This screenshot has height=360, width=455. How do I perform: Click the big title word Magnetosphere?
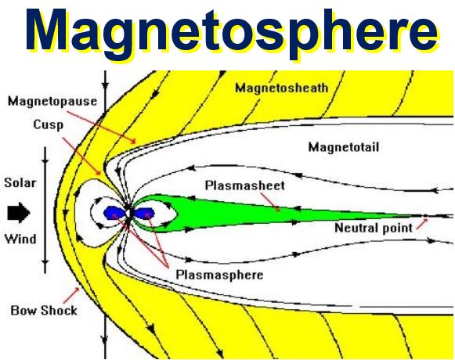[x=232, y=31]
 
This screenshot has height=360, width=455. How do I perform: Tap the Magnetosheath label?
[x=281, y=88]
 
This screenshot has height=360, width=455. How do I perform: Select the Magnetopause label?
[x=52, y=101]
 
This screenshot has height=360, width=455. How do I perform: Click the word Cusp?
[x=49, y=124]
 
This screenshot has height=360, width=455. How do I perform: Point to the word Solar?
[x=20, y=183]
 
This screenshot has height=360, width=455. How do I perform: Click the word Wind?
[x=20, y=239]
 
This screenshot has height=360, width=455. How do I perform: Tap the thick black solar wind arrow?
[x=19, y=213]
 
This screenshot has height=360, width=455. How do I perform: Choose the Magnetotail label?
[x=344, y=147]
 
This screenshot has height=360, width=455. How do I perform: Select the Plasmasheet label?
[x=245, y=185]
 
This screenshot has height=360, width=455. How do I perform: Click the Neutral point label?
[x=374, y=228]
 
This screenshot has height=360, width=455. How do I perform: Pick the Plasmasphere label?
[x=219, y=275]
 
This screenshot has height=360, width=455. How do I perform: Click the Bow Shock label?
[x=44, y=311]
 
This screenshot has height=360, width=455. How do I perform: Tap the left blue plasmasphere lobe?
[x=114, y=213]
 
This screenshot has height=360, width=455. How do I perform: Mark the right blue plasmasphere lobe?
[x=144, y=214]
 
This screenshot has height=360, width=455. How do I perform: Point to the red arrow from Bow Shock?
[x=71, y=295]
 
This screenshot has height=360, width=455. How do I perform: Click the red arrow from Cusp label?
[x=82, y=157]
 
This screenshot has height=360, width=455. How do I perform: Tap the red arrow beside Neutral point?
[x=422, y=225]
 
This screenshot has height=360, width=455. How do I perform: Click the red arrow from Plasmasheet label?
[x=270, y=201]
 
